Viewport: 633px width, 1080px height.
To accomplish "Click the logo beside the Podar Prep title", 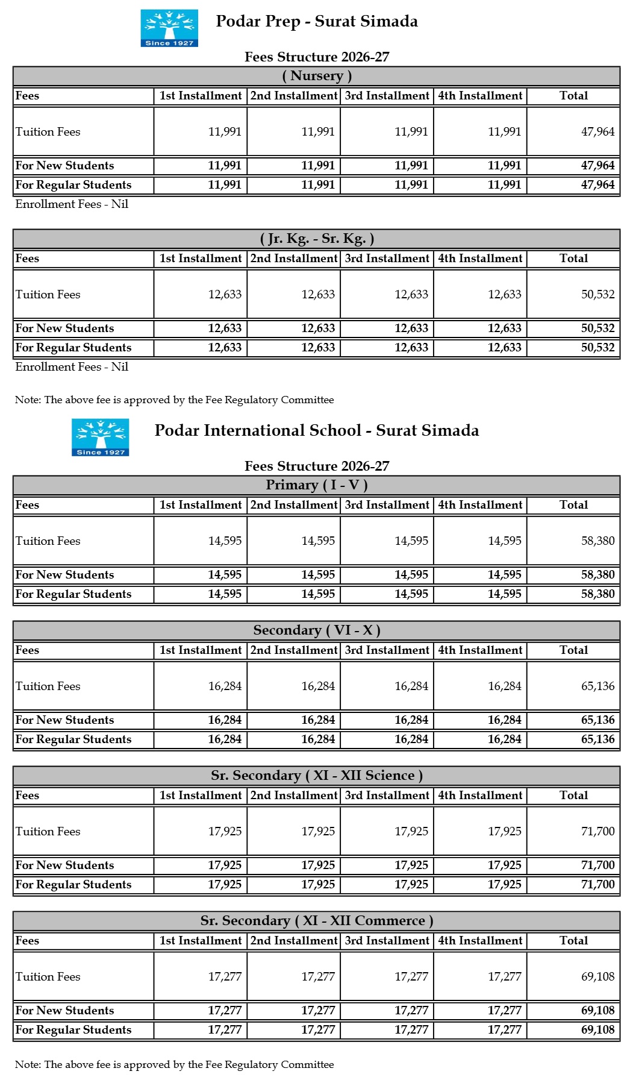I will coord(169,28).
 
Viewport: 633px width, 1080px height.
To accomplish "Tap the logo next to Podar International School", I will coord(100,437).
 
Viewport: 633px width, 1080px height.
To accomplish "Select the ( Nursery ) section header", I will coord(317,76).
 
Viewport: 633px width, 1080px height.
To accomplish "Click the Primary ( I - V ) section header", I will coord(317,485).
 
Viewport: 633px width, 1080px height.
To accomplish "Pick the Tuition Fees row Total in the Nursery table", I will coord(597,132).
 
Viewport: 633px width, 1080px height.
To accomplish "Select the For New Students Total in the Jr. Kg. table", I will coord(597,328).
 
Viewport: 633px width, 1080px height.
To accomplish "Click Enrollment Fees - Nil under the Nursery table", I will coord(72,204).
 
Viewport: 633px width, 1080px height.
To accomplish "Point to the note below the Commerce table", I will coord(174,1064).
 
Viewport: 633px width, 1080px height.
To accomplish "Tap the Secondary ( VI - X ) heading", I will coord(317,630).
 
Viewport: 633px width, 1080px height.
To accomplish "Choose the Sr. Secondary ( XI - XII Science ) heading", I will coord(317,776).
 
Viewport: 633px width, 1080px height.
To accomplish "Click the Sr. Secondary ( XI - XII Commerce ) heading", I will coord(317,921).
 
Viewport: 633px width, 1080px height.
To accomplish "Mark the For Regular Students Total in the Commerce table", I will coord(597,1030).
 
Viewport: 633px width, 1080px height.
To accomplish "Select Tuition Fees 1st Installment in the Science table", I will coord(225,832).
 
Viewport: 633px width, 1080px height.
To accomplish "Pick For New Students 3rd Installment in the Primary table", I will coord(411,575).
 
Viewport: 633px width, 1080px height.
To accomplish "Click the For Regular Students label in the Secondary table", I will coord(73,739).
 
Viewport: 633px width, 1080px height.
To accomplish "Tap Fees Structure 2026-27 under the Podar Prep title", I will coord(317,57).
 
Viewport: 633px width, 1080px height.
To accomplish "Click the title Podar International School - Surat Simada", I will coord(317,430).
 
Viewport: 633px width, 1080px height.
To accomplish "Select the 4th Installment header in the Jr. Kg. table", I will coord(480,259).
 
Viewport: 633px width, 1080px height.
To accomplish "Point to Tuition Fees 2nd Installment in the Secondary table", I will coord(318,686).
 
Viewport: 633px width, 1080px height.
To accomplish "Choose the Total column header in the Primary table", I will coord(573,505).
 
